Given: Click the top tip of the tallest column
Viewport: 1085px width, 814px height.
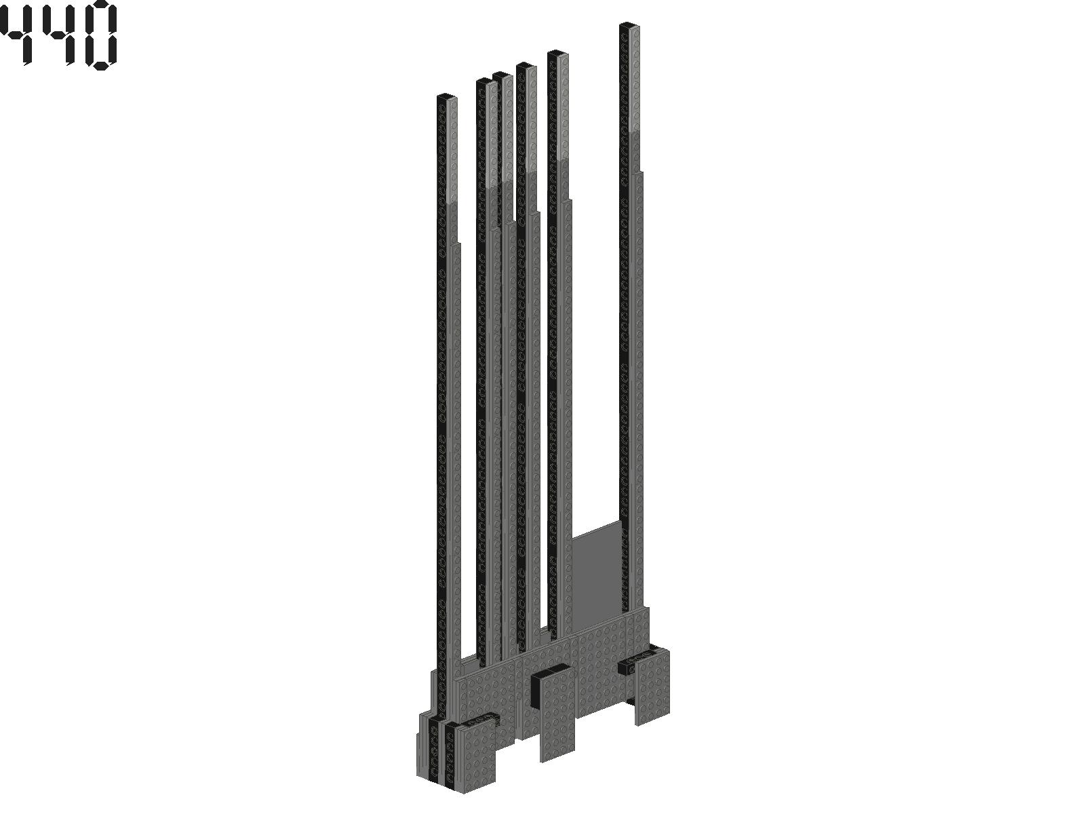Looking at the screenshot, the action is (x=629, y=24).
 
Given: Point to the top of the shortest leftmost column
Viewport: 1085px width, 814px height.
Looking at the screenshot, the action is (x=447, y=96).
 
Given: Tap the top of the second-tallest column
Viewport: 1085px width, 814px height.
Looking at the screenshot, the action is (x=557, y=52).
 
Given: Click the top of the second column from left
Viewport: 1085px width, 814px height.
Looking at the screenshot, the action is (x=487, y=81).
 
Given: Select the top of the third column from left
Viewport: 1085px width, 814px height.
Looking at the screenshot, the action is (x=502, y=75).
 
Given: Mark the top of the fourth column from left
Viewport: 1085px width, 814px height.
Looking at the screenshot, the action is (x=526, y=64).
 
